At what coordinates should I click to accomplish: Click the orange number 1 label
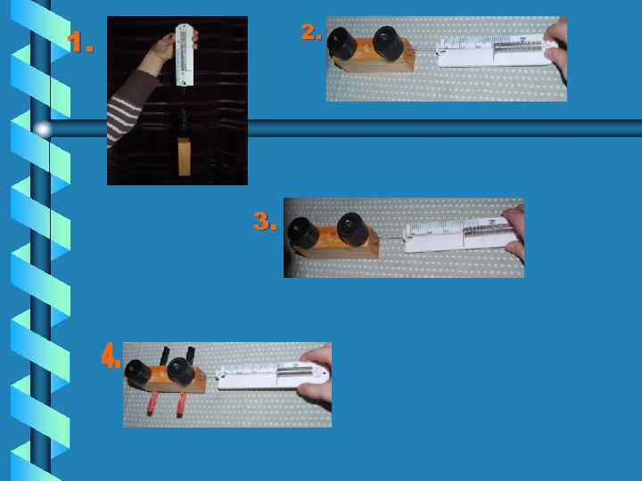(80, 43)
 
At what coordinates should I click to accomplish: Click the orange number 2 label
(311, 32)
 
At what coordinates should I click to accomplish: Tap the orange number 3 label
(265, 221)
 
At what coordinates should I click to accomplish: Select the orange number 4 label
(111, 355)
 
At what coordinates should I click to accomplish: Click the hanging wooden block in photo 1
(185, 157)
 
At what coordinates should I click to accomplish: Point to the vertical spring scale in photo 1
(185, 55)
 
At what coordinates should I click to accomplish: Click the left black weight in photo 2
(342, 44)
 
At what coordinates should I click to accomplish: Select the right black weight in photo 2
(389, 43)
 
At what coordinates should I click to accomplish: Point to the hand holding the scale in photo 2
(556, 47)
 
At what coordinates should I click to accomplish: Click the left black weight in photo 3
(303, 232)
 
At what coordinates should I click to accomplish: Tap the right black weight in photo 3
(353, 230)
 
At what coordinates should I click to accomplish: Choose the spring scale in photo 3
(457, 235)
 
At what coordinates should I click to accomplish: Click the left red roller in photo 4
(152, 404)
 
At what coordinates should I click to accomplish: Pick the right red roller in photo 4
(181, 405)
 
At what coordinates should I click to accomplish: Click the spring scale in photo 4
(273, 375)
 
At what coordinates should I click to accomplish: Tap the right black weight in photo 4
(181, 371)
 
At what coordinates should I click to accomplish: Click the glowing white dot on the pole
(42, 129)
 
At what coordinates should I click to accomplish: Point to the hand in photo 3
(514, 232)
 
